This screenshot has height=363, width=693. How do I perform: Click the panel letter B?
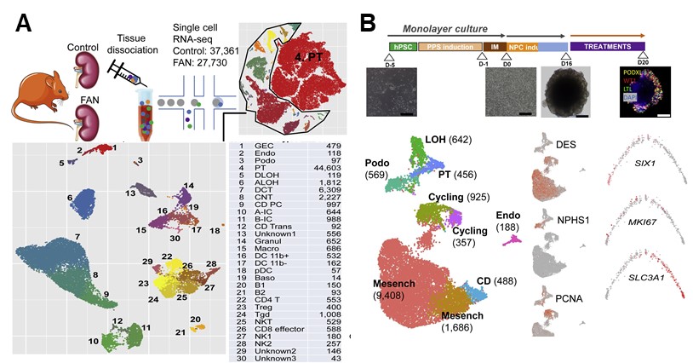point(369,22)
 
